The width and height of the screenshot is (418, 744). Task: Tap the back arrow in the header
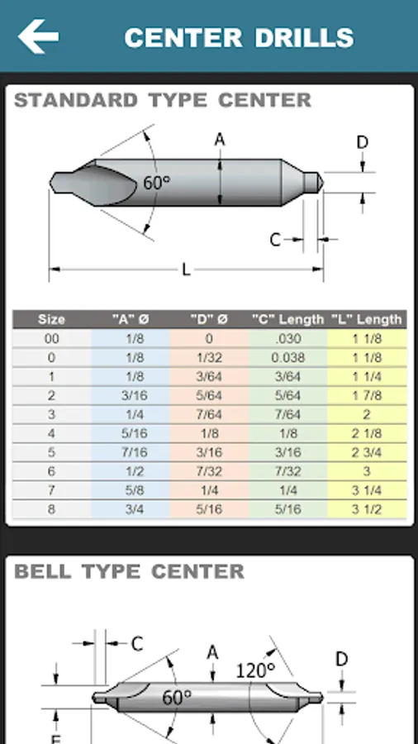click(x=38, y=36)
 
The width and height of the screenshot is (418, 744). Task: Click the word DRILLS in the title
click(x=304, y=38)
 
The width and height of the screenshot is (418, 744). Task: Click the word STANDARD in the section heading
click(x=76, y=101)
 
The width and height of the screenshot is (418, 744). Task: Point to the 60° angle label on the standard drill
click(x=156, y=182)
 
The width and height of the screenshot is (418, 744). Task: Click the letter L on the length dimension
click(x=186, y=270)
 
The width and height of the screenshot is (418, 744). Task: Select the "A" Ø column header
click(x=131, y=319)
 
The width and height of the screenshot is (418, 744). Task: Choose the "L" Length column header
click(x=366, y=319)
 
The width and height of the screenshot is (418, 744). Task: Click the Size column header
click(x=51, y=319)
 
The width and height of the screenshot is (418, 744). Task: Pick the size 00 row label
click(x=52, y=339)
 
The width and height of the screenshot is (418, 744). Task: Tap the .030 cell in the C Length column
click(x=288, y=339)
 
